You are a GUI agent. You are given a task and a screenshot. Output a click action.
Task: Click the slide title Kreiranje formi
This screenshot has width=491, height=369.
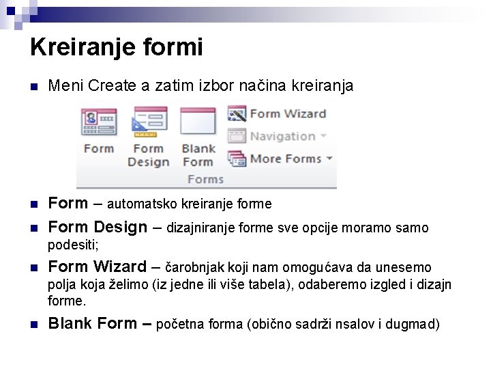[117, 47]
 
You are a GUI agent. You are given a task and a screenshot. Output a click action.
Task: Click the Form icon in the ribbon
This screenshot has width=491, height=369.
[99, 123]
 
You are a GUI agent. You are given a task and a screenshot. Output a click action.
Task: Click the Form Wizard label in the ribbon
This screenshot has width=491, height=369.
[287, 113]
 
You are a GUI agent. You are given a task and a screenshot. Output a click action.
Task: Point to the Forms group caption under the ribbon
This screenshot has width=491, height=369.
[205, 179]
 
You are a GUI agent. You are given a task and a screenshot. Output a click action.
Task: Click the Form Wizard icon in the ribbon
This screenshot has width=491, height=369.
[237, 113]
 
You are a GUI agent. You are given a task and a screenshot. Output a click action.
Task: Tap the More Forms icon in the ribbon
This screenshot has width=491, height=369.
[237, 159]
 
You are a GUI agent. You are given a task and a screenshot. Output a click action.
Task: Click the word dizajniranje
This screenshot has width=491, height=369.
[199, 228]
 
